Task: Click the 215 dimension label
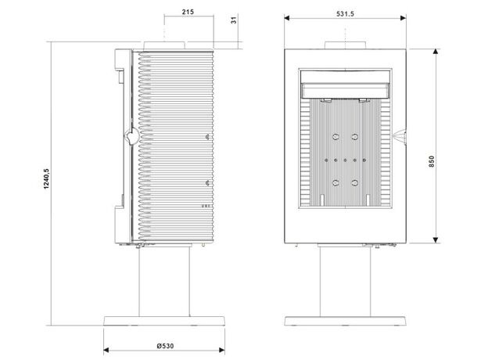point(188,12)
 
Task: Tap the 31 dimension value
point(234,20)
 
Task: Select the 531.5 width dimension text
point(345,14)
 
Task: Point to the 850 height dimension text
point(432,162)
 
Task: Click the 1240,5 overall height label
point(46,178)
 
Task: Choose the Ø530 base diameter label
point(165,346)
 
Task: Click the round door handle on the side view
point(132,136)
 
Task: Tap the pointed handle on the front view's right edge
point(400,136)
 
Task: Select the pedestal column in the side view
point(164,282)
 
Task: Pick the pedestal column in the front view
point(345,282)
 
